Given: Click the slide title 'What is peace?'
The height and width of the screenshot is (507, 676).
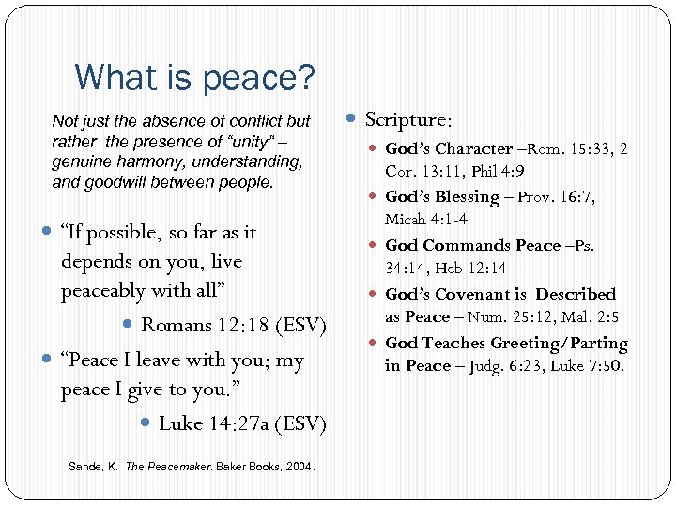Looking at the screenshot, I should (194, 77).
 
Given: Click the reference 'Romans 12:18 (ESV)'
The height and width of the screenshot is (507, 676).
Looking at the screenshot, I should (233, 326).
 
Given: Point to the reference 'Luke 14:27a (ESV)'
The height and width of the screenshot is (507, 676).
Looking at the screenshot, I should (242, 423).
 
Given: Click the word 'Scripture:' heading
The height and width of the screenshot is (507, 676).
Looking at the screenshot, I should (408, 119).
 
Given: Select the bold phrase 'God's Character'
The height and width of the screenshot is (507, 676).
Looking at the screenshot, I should (449, 148).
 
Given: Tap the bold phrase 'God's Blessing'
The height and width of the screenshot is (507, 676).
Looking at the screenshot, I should (442, 196).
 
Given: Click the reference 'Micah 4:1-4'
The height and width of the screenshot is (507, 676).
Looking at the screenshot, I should (426, 220).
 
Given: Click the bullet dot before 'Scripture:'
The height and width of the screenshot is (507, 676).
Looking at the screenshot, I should (352, 119).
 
